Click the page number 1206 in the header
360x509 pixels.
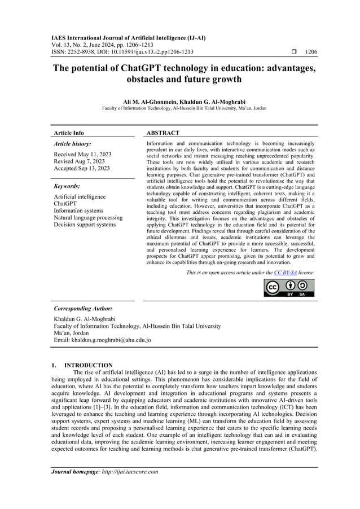[x=310, y=52]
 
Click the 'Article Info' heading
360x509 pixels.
[x=68, y=133]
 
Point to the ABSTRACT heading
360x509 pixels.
[x=163, y=133]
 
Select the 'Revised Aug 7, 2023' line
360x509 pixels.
[x=79, y=161]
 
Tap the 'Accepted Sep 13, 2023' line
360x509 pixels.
[x=81, y=168]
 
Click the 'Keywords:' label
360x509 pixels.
[x=67, y=186]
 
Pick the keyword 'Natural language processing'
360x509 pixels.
[x=87, y=217]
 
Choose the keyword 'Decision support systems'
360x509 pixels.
[x=84, y=225]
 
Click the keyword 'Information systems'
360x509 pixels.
[x=79, y=210]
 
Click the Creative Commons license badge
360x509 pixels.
[x=289, y=287]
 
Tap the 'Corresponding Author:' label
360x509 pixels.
[x=83, y=309]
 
